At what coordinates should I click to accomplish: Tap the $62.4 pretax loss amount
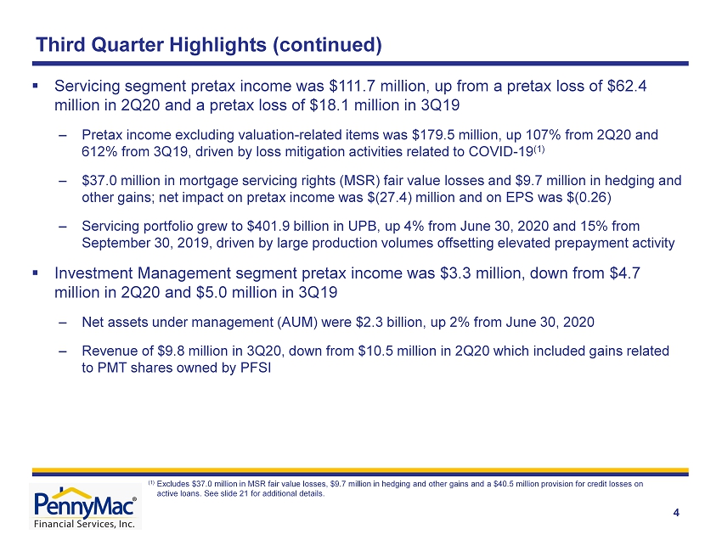(627, 86)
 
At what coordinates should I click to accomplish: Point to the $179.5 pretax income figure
(432, 135)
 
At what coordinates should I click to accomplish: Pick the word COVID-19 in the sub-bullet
(500, 151)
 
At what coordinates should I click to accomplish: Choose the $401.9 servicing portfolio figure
(268, 227)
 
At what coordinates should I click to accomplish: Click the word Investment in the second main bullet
(94, 273)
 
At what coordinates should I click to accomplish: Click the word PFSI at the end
(256, 368)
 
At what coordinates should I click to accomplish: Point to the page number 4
(676, 513)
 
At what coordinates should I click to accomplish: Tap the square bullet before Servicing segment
(36, 86)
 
